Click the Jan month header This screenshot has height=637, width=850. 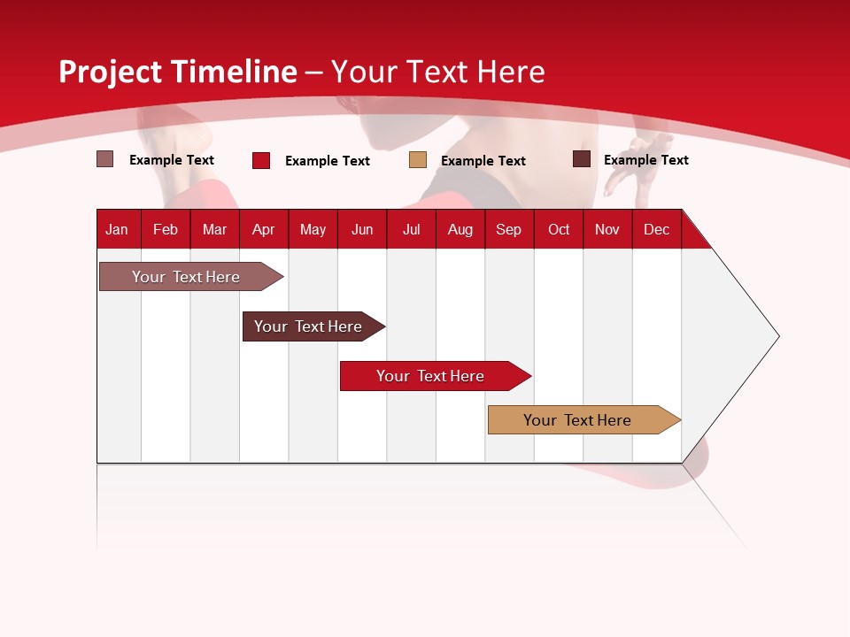click(117, 229)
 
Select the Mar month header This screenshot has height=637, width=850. click(214, 229)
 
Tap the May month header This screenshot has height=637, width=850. click(313, 229)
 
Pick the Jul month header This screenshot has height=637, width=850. click(411, 229)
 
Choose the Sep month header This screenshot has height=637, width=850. click(508, 229)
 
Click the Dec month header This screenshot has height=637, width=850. click(656, 229)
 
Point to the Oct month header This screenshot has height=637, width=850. click(559, 229)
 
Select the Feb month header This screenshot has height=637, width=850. click(166, 229)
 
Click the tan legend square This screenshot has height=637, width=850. click(418, 160)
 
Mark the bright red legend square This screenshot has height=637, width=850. click(261, 160)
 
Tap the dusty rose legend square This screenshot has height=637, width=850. click(105, 159)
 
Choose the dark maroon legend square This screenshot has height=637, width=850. click(582, 159)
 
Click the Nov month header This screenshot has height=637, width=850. click(607, 229)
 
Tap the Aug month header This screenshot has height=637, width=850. click(460, 229)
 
